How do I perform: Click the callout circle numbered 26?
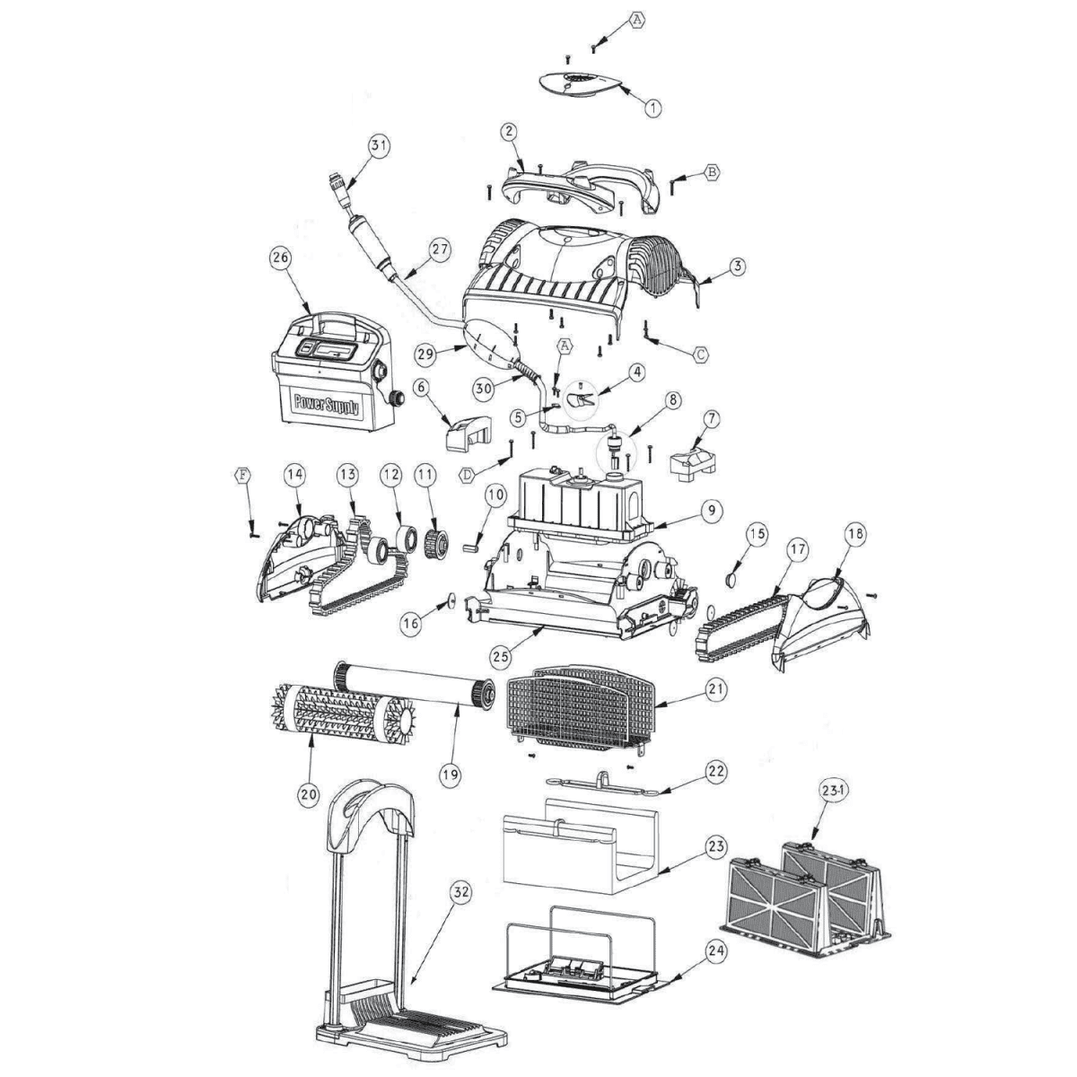tap(280, 258)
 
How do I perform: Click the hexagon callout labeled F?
tap(242, 476)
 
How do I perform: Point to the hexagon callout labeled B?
tap(712, 172)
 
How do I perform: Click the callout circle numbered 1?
tap(652, 108)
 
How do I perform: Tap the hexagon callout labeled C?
tap(700, 354)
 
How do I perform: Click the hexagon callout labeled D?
tap(468, 476)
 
